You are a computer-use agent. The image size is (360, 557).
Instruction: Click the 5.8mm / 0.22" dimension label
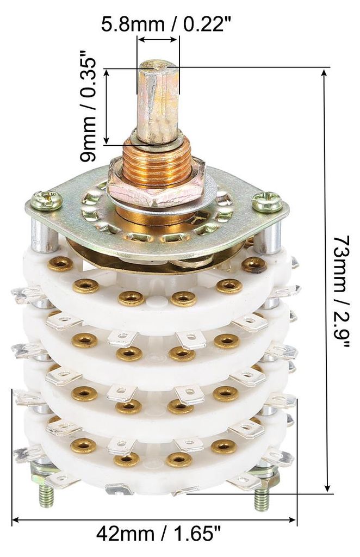pyautogui.click(x=166, y=25)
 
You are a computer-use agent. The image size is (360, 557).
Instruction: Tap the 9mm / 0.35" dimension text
pyautogui.click(x=88, y=107)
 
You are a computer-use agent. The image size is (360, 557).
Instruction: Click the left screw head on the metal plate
pyautogui.click(x=47, y=201)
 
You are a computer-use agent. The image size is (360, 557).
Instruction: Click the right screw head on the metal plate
pyautogui.click(x=267, y=202)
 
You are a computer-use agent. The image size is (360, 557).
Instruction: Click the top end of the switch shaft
pyautogui.click(x=158, y=65)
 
